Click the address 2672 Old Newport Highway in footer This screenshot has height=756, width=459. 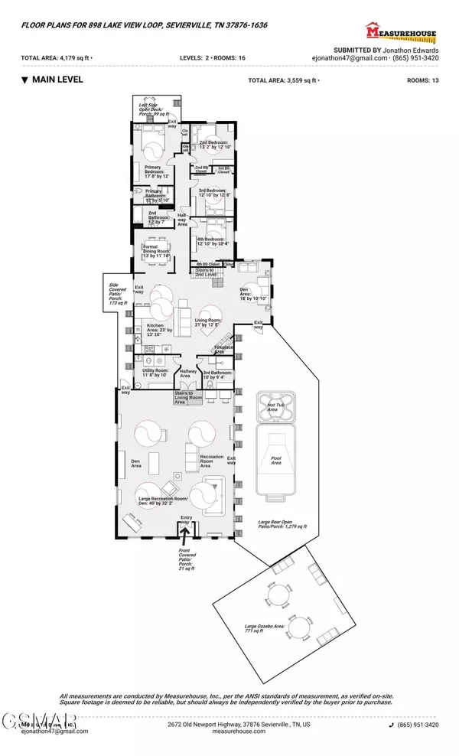[x=223, y=724]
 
